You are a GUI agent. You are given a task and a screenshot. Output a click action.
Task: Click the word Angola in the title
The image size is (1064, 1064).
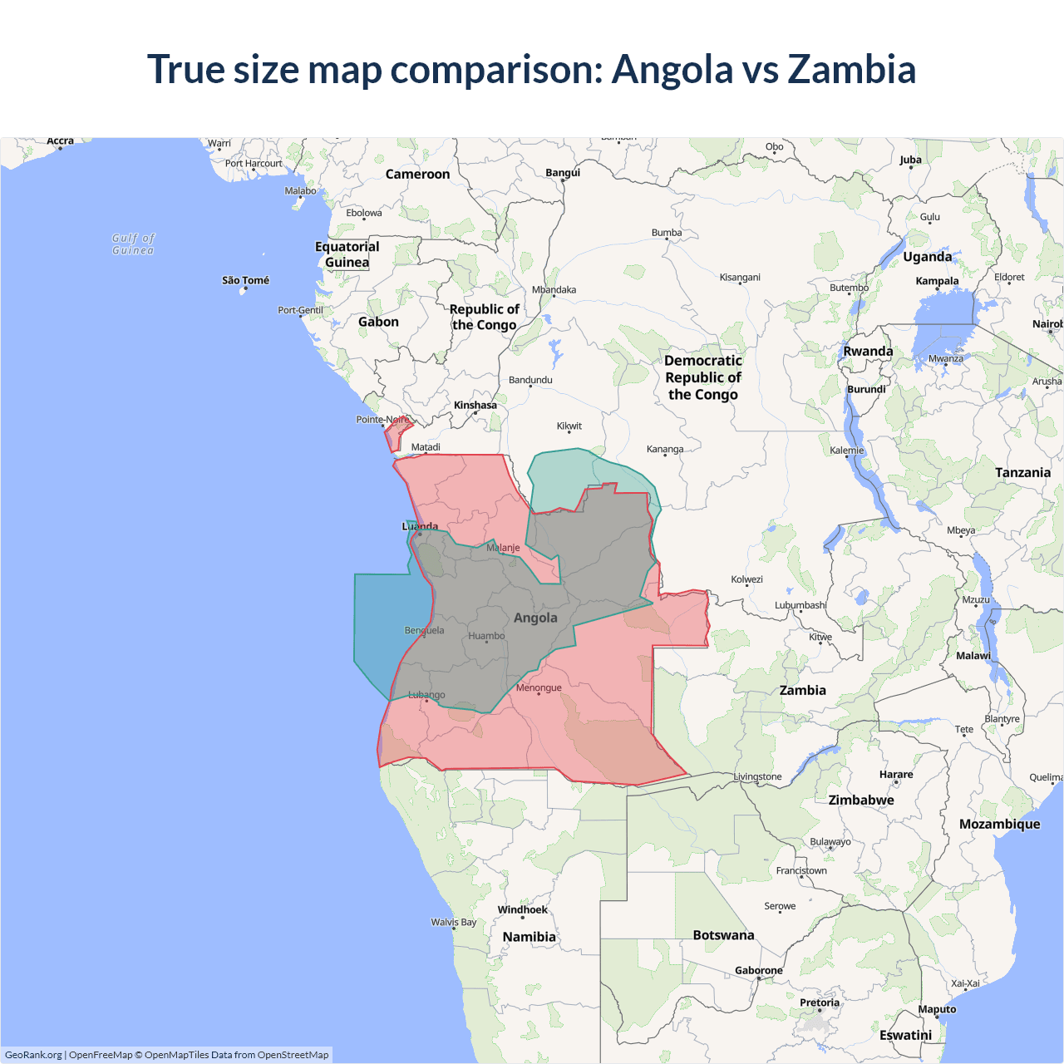[x=672, y=69]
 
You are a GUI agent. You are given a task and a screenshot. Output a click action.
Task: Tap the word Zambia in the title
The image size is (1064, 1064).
[x=851, y=69]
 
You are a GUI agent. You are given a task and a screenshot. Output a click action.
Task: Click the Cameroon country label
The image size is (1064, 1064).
[x=417, y=175]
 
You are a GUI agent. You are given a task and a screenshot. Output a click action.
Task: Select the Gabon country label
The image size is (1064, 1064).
[x=378, y=322]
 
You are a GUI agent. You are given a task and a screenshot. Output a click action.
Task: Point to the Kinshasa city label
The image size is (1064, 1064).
[x=475, y=406]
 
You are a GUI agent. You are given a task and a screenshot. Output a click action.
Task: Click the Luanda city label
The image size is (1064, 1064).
[x=420, y=526]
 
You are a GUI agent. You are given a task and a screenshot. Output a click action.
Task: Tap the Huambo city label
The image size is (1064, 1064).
[x=486, y=636]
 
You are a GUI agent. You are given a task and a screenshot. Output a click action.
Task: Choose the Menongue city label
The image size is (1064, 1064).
[x=539, y=687]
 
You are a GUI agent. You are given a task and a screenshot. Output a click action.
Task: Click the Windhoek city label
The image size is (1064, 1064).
[x=522, y=909]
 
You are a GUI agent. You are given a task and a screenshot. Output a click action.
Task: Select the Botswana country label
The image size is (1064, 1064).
[x=723, y=935]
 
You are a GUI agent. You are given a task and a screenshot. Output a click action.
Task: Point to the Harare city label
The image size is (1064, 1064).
[x=896, y=774]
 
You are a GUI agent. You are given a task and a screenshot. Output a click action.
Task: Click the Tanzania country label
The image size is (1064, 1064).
[x=1022, y=472]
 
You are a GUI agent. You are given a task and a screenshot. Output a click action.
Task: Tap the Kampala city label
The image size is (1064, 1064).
[x=937, y=281]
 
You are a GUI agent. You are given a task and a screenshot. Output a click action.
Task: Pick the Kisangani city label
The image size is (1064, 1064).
[x=740, y=277]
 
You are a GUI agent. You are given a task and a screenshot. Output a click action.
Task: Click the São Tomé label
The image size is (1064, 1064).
[x=245, y=280]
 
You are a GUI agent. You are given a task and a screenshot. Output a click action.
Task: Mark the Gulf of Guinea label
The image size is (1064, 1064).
[x=133, y=244]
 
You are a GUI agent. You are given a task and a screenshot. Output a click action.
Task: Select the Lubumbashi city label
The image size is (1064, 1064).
[x=800, y=605]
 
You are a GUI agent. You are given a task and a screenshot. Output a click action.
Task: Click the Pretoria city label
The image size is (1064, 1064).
[x=820, y=1002]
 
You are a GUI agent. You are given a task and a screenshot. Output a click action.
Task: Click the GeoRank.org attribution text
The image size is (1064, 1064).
[x=33, y=1055]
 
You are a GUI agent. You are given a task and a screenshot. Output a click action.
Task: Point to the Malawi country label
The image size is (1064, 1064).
[x=973, y=656]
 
